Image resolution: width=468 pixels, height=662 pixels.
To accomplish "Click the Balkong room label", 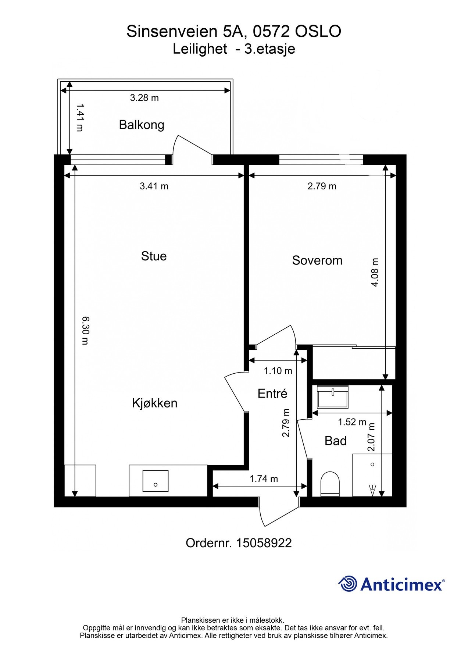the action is pos(142,125).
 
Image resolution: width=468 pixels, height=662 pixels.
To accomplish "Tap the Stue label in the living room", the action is pos(154,256).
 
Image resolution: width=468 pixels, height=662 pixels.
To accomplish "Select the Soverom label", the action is pos(317,260).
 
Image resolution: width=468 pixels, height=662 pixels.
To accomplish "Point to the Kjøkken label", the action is pos(155,403).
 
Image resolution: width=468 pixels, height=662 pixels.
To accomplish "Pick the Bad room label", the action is pos(336,441).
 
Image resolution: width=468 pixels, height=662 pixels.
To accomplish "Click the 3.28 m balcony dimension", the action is pos(144,98).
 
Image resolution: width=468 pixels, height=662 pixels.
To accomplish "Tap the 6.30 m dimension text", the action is pos(85,331).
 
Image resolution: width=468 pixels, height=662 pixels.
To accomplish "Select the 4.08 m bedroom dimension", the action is pos(375,272).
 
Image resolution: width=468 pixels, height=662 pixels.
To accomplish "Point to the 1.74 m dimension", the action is pos(264,479).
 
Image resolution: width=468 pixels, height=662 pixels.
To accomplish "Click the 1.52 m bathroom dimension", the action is pos(352,422).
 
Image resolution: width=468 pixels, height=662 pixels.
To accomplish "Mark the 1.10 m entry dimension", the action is pos(278,371).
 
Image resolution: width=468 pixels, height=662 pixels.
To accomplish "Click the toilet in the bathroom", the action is pos(330,484).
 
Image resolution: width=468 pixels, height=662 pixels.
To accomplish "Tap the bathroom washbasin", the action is pos(333,397).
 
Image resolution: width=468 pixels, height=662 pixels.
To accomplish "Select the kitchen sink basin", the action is pos(156,481).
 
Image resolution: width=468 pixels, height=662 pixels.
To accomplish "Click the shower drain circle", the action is pos(372,465).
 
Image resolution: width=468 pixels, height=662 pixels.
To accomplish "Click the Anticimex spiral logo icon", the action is pos(348,584).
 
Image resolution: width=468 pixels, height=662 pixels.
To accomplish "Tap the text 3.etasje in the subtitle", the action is pos(270,49).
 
